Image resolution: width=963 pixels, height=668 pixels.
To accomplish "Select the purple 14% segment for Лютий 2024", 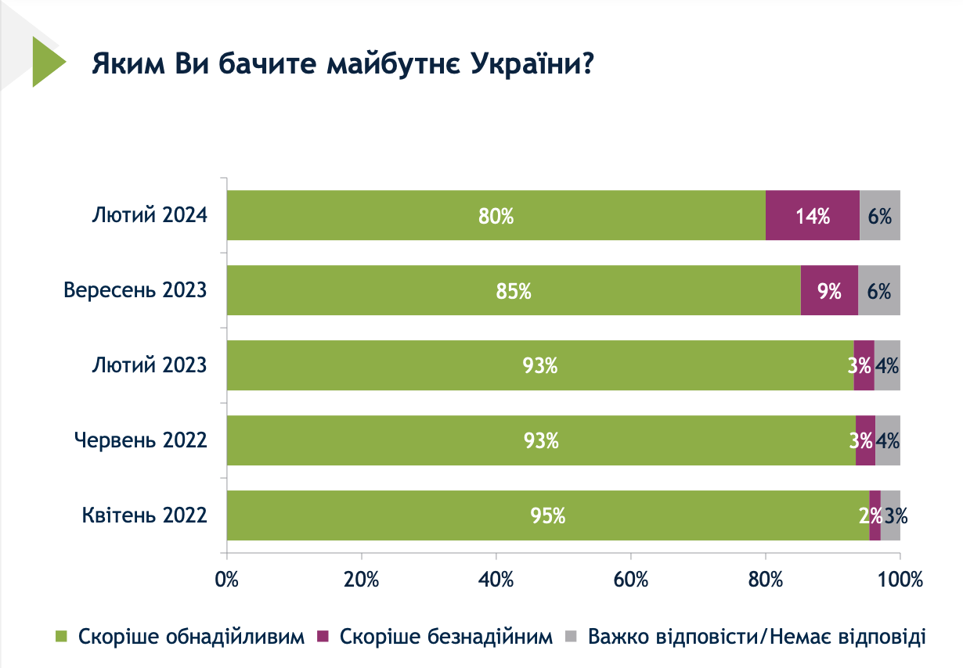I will pyautogui.click(x=812, y=215).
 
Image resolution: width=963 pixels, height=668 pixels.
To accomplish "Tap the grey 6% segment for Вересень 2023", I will pyautogui.click(x=879, y=290).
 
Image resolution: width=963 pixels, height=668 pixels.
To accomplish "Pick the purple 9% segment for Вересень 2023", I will pyautogui.click(x=829, y=290).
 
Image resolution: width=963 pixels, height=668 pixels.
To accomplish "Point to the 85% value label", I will pyautogui.click(x=514, y=291).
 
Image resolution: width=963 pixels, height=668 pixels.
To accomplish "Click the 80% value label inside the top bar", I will pyautogui.click(x=496, y=216).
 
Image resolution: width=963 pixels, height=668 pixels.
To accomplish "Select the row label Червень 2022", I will pyautogui.click(x=141, y=440).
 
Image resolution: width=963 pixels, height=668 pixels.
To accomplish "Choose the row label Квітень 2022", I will pyautogui.click(x=144, y=515).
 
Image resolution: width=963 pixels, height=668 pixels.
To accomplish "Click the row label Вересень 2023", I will pyautogui.click(x=135, y=290).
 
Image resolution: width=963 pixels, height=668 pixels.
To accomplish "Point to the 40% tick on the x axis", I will pyautogui.click(x=496, y=580).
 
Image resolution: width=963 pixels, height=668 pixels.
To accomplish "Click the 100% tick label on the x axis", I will pyautogui.click(x=900, y=580).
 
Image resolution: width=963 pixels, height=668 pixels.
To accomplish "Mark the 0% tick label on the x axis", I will pyautogui.click(x=227, y=580).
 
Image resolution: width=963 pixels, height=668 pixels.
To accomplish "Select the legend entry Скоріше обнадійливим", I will pyautogui.click(x=191, y=637).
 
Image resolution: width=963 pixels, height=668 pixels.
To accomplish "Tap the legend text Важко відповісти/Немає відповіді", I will pyautogui.click(x=756, y=637).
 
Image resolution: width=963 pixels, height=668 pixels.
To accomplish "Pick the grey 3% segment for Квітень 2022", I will pyautogui.click(x=891, y=515).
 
